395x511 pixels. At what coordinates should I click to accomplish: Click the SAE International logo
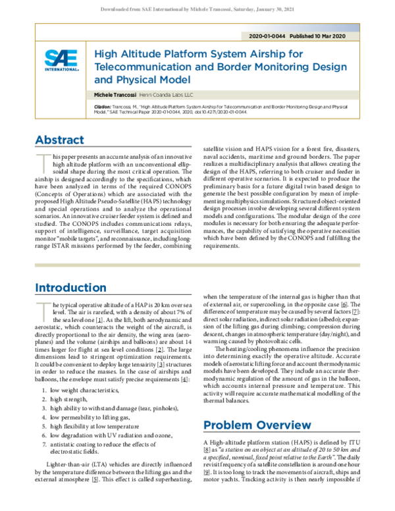pos(62,60)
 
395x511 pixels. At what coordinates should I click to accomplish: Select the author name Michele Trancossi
pos(116,95)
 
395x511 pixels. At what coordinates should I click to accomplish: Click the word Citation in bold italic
pos(103,106)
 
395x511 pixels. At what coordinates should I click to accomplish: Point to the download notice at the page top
pos(197,9)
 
